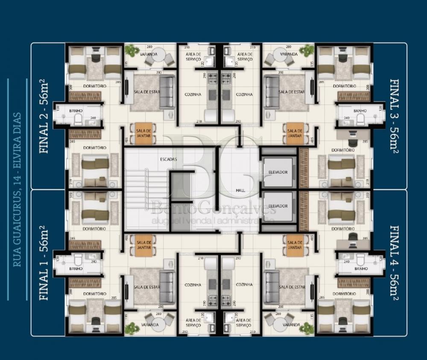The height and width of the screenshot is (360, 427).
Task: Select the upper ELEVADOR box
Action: coord(278,172)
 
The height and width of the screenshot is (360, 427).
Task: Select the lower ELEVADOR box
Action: coord(278,206)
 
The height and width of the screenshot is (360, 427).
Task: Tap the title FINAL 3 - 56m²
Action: coord(394,116)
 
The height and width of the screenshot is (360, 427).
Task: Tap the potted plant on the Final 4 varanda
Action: coord(307,328)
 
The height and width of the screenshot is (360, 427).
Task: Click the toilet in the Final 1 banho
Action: coord(78,260)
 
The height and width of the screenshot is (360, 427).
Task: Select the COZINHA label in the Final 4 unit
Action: coord(244,285)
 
